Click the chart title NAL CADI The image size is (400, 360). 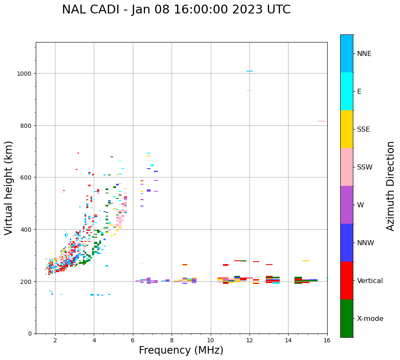pos(176,10)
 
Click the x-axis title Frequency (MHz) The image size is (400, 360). pos(181,350)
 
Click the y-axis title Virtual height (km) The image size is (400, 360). pos(9,188)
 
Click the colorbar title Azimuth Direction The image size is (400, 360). pos(391,186)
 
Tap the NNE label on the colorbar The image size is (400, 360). pos(364,53)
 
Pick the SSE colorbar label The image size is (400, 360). pos(363,129)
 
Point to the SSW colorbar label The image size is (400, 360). pos(365,167)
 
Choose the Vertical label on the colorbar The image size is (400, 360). pos(370,281)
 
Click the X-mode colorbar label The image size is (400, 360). pos(370,318)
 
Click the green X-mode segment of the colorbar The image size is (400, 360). pos(347,318)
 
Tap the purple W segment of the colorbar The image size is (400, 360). pos(347,205)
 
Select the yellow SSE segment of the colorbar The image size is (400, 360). pos(347,129)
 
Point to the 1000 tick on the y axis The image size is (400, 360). pos(24,74)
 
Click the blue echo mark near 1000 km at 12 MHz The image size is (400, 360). pos(249,71)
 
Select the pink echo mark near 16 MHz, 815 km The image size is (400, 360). pos(321,121)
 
